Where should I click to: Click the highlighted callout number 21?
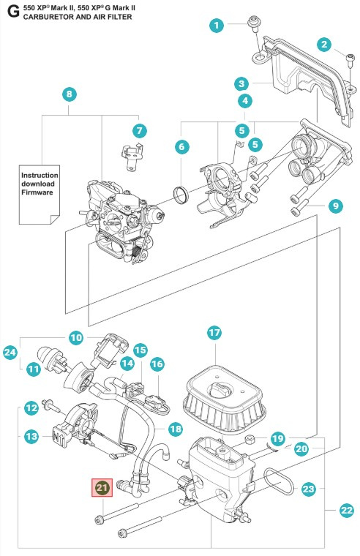coord(102,487)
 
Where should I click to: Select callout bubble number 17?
coord(214,333)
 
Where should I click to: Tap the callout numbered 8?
coord(70,94)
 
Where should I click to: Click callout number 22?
coord(347,510)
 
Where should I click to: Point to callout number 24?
coord(10,353)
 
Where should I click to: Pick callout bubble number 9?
coord(336,206)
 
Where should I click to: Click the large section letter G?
coord(13,12)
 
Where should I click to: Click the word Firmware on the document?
coord(37,192)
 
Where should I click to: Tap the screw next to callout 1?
coord(254,23)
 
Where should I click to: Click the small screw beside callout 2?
coord(350,59)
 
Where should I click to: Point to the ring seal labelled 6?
coord(181,195)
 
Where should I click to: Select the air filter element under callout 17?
coord(224,398)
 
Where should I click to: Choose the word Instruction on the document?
coord(40,176)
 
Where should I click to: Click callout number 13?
coord(31,435)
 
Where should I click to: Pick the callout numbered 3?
coord(241,84)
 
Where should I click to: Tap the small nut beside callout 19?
coord(250,440)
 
